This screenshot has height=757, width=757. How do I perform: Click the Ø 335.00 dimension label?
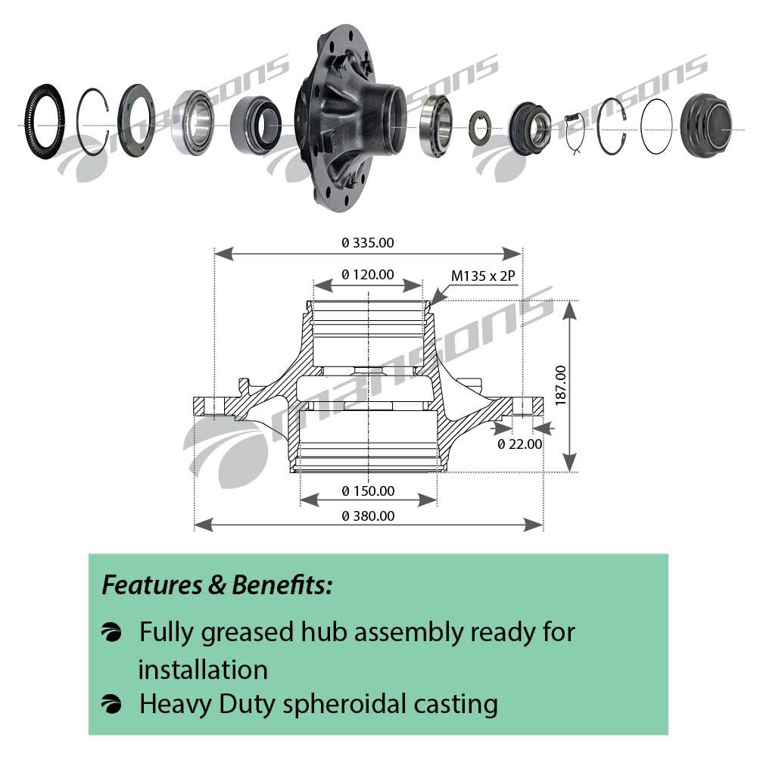click(368, 243)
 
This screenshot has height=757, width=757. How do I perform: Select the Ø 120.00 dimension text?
click(368, 275)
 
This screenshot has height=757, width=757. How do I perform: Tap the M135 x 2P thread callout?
click(483, 276)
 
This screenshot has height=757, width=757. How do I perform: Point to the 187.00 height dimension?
click(561, 386)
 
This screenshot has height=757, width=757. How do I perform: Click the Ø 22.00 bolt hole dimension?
click(520, 444)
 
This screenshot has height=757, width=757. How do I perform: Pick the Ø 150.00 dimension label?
click(369, 491)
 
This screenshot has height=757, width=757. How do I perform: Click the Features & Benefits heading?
click(217, 585)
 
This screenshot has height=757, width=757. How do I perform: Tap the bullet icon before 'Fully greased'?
click(111, 632)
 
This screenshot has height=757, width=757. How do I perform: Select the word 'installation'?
click(203, 669)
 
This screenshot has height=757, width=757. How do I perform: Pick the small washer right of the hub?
click(479, 127)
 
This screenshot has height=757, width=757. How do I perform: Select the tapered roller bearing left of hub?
click(194, 123)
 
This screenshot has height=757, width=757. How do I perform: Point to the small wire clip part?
click(575, 132)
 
